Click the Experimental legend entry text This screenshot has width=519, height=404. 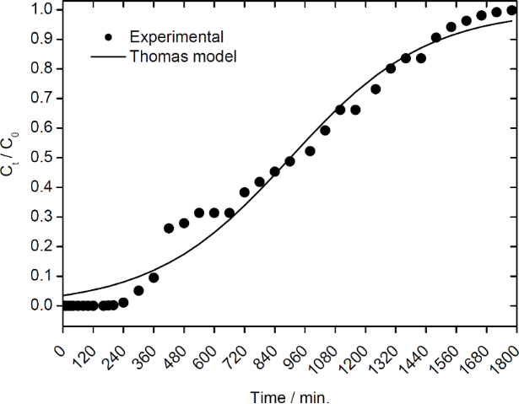pos(176,37)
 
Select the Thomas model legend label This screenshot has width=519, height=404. pos(182,57)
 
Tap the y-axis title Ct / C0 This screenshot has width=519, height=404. pos(10,157)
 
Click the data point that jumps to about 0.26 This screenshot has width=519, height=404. pos(169,228)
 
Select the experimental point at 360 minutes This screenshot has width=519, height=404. pos(154,277)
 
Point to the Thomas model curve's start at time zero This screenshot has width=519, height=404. pos(63,294)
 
